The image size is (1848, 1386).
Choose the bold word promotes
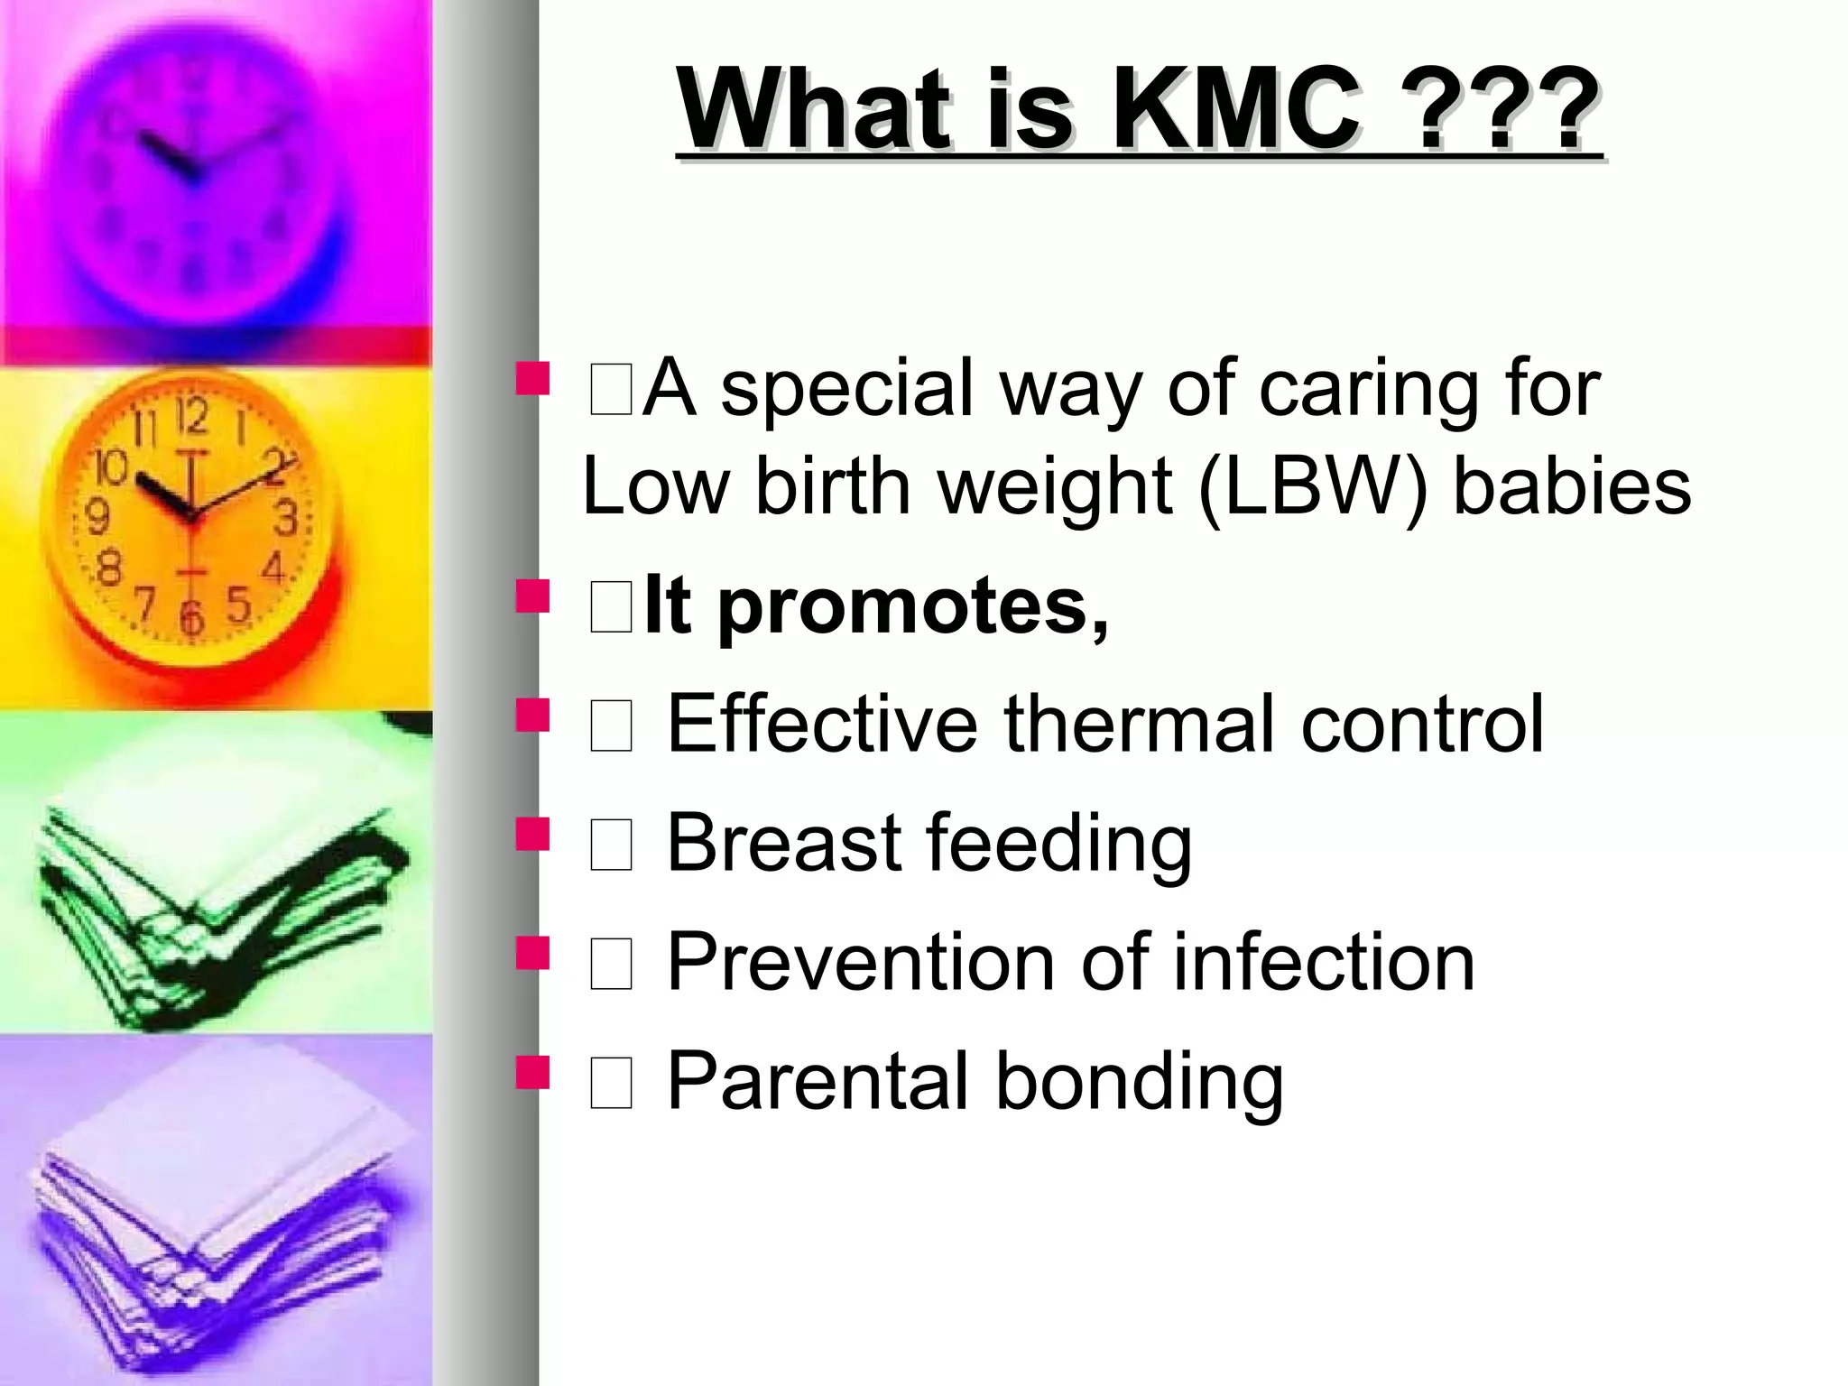[911, 605]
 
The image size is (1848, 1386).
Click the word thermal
[1139, 724]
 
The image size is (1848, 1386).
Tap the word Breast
[784, 843]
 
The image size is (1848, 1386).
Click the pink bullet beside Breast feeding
[532, 835]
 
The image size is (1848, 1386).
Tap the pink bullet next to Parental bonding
[532, 1074]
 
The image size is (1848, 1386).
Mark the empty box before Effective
[611, 727]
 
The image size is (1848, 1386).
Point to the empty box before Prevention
[611, 965]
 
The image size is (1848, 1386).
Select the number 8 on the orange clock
[109, 569]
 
